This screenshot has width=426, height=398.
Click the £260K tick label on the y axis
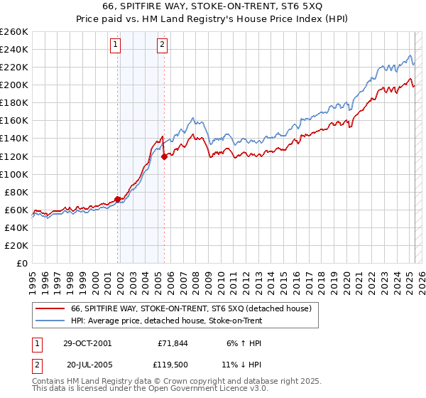click(x=14, y=32)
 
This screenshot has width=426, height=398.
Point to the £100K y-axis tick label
click(x=14, y=174)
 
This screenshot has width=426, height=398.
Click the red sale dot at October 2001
click(x=118, y=199)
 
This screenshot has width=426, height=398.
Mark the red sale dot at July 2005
click(x=165, y=156)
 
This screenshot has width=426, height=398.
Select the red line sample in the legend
click(x=50, y=308)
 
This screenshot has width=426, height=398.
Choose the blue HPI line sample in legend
click(x=50, y=321)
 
